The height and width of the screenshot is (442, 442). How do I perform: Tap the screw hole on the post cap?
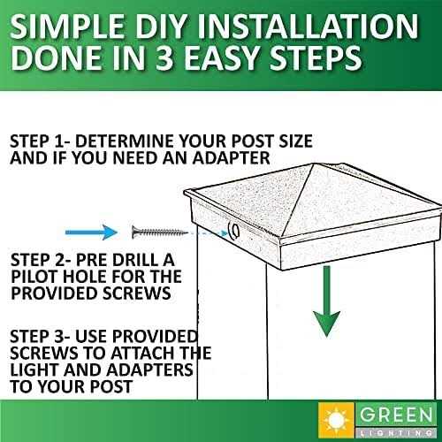[235, 232]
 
